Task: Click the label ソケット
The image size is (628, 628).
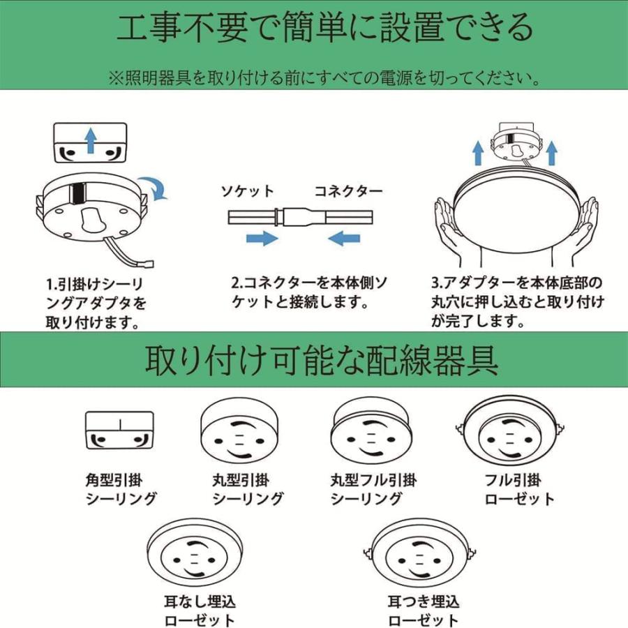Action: coord(248,190)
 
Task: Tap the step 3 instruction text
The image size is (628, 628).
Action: coord(516,302)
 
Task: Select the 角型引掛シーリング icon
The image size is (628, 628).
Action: coord(119,431)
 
